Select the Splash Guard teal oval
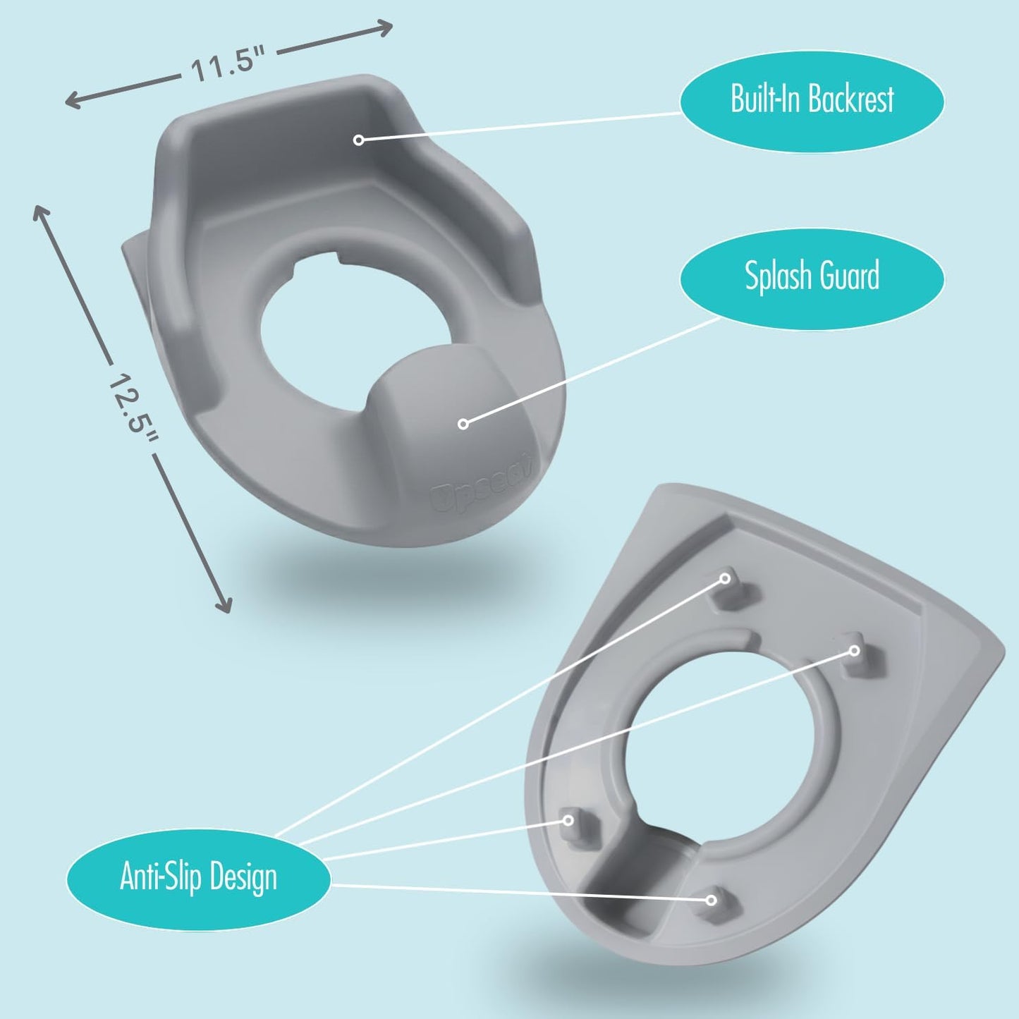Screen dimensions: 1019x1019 tap(812, 279)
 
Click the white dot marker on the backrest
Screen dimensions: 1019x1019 tap(358, 140)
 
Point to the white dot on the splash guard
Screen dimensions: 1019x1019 tap(463, 424)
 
